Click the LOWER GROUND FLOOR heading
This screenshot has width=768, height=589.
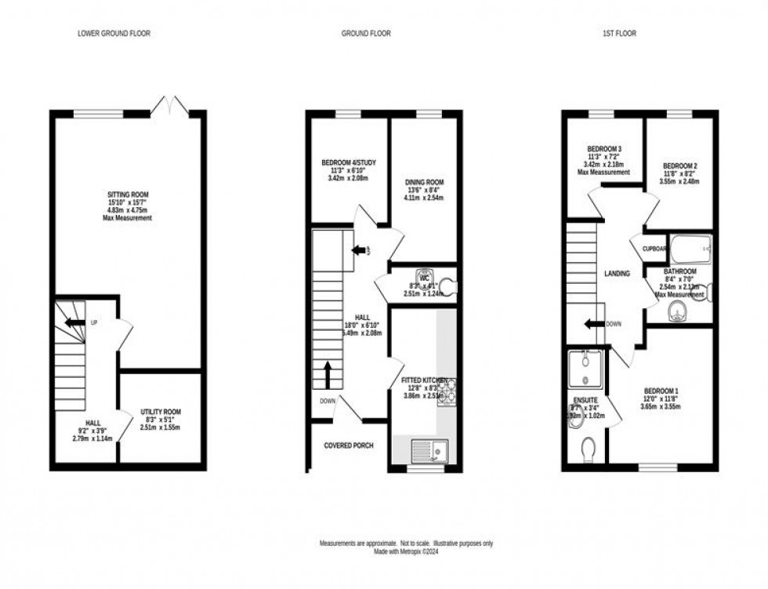114,34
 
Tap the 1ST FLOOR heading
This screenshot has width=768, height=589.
619,34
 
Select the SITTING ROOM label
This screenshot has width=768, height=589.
129,195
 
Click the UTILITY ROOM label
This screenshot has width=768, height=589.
161,412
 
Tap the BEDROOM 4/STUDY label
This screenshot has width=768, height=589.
349,162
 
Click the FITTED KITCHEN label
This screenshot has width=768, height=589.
424,380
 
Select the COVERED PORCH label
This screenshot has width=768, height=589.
349,445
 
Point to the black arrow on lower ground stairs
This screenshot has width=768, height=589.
74,322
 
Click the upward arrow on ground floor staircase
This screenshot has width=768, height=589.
328,373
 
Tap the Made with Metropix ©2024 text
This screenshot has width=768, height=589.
405,552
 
